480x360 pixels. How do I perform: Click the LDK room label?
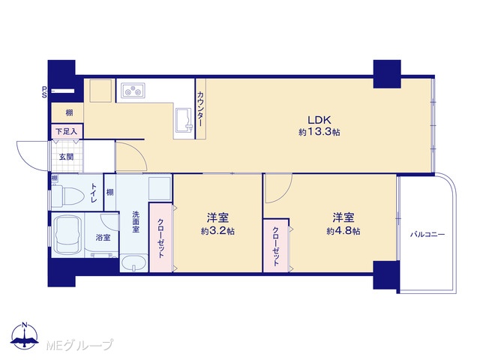click(x=319, y=119)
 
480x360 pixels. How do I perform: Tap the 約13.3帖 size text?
click(x=319, y=132)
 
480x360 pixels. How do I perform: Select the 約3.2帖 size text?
click(x=217, y=231)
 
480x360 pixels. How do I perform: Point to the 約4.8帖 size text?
click(x=343, y=231)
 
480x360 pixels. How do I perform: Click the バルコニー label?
click(x=427, y=235)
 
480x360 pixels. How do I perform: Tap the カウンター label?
click(x=200, y=109)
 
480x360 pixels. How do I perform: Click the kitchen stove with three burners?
click(x=133, y=91)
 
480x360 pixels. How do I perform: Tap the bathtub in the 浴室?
click(x=67, y=235)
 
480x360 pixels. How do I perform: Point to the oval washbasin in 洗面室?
click(x=133, y=263)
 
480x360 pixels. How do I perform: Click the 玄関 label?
click(x=66, y=157)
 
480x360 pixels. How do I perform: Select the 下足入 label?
click(x=66, y=132)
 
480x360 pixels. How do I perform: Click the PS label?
click(x=44, y=91)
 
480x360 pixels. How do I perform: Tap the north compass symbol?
click(x=25, y=336)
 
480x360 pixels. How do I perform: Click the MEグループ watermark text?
click(x=79, y=345)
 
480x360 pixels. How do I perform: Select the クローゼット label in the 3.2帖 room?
click(x=161, y=238)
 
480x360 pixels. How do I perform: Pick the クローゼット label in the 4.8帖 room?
click(x=276, y=246)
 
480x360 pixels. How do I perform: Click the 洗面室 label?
click(x=136, y=222)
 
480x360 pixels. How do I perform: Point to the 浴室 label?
click(x=103, y=237)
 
